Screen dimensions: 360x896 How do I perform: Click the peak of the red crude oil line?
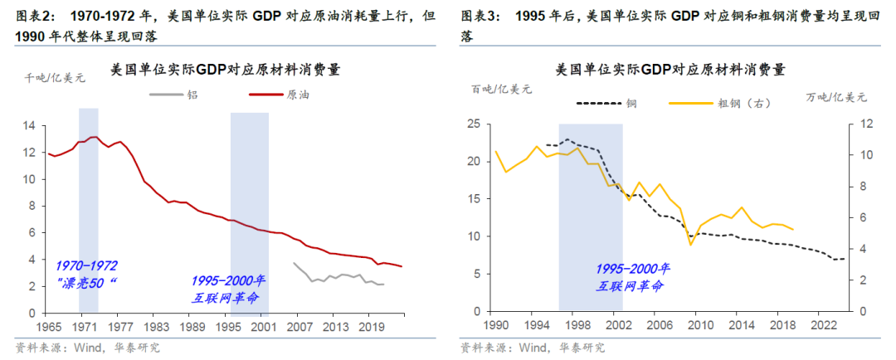[95, 137]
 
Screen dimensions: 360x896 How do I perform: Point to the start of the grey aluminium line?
[295, 263]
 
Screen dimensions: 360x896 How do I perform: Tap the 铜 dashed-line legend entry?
[606, 103]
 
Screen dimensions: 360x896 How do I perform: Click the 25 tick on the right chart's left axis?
[475, 124]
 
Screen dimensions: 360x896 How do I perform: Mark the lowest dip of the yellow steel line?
[690, 245]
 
